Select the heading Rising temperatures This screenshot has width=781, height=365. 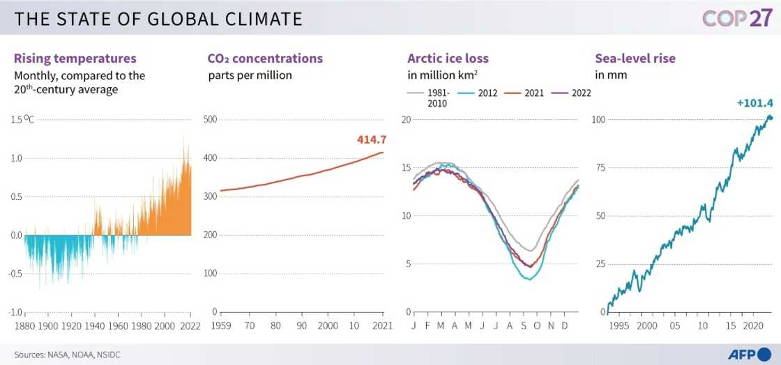coord(75,59)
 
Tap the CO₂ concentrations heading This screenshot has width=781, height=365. coord(265,59)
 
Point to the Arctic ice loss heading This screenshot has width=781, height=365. coord(448,59)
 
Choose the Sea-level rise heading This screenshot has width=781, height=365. coord(635,59)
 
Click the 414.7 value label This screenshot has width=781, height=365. coord(371,140)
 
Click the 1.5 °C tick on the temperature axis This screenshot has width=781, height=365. coord(21,119)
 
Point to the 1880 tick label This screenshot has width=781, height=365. coord(24,325)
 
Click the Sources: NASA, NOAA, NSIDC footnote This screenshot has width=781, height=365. coord(63,355)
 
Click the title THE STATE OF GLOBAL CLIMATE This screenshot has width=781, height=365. coord(158,19)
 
